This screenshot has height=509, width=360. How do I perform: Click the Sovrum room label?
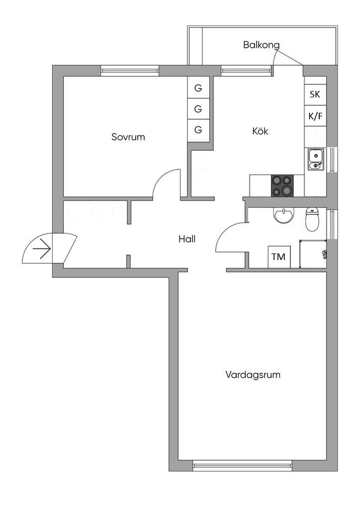click(128, 137)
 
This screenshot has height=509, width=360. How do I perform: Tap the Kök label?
click(260, 131)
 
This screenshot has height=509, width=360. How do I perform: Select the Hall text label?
click(187, 239)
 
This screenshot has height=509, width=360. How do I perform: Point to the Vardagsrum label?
click(253, 374)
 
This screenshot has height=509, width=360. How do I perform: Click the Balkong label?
click(261, 45)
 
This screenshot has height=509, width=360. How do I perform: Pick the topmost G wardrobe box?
click(198, 88)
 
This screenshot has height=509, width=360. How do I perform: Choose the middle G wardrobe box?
click(198, 109)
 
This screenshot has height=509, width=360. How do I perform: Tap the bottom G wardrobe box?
click(198, 130)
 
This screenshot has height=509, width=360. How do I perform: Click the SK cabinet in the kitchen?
click(315, 94)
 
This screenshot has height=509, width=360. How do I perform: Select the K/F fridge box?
click(315, 116)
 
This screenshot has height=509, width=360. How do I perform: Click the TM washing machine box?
click(279, 257)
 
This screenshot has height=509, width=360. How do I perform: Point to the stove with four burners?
click(282, 186)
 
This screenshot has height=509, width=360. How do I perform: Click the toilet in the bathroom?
click(312, 219)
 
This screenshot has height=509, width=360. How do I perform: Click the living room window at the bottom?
click(243, 466)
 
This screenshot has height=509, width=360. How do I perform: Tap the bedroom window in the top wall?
click(130, 71)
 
